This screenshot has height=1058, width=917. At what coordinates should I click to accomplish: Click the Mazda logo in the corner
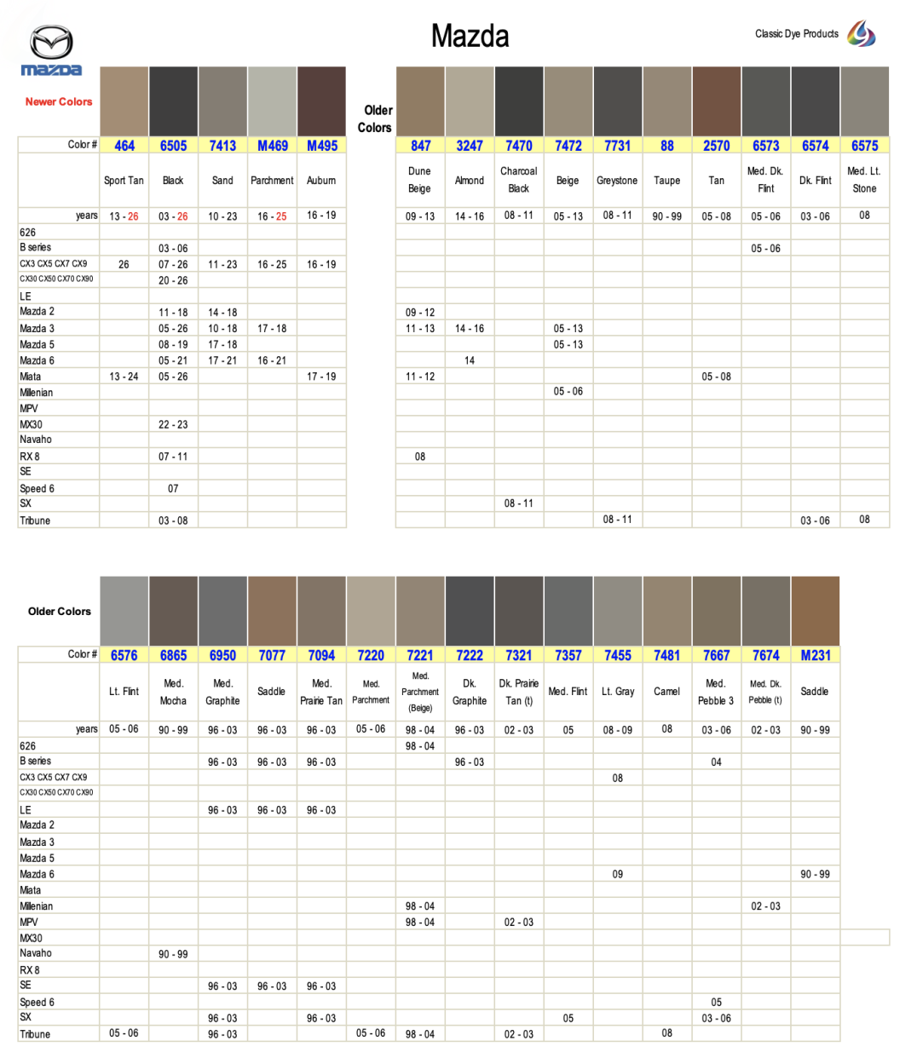(x=51, y=51)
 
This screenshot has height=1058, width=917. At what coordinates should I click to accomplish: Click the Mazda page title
(x=470, y=36)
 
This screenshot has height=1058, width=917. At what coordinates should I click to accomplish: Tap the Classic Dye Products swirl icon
(x=861, y=34)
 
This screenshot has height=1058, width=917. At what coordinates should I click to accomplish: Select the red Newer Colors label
(x=59, y=101)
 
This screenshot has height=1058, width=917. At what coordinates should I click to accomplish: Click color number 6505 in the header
(x=173, y=146)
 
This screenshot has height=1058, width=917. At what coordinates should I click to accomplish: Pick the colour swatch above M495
(x=321, y=101)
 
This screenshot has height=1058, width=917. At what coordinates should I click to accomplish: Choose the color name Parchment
(x=272, y=181)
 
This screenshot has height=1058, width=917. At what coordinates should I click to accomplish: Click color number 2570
(x=716, y=146)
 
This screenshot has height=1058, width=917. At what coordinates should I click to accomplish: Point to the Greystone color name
(x=617, y=181)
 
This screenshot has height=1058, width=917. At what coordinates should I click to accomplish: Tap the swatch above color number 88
(x=666, y=101)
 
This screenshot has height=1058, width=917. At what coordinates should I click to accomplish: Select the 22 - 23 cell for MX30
(x=173, y=424)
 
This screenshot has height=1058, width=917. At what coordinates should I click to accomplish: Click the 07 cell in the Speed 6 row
(x=173, y=489)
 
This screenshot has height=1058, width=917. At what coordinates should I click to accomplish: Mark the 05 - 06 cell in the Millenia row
(x=568, y=392)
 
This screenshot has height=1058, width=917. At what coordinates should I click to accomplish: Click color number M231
(x=815, y=655)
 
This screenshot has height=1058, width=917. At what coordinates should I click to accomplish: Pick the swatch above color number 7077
(x=272, y=610)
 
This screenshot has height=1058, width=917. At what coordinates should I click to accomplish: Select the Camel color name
(x=666, y=692)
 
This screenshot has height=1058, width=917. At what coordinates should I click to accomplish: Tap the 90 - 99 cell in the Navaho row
(x=173, y=954)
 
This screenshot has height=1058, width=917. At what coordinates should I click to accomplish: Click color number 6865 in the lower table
(x=173, y=655)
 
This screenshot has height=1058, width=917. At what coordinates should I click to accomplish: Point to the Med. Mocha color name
(x=173, y=692)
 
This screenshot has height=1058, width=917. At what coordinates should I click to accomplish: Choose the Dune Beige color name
(x=419, y=180)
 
